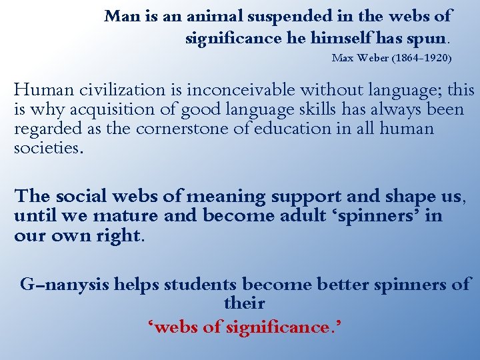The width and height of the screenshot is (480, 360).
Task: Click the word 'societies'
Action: click(47, 148)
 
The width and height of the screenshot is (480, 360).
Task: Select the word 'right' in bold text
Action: click(121, 237)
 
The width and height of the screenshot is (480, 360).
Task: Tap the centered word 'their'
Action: click(245, 304)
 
